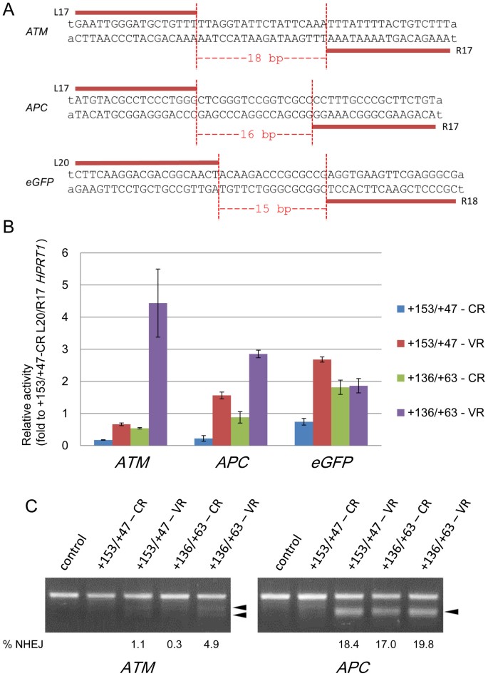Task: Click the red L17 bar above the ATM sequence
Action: tap(135, 13)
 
